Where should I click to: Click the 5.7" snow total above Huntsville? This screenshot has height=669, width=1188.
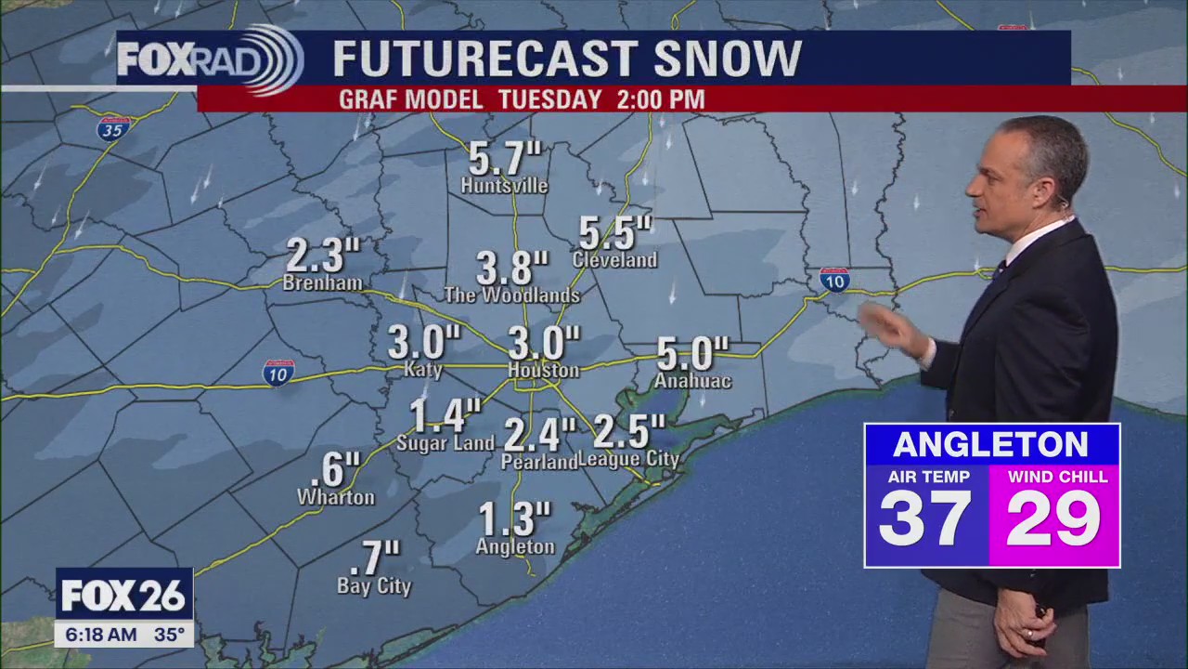pyautogui.click(x=505, y=158)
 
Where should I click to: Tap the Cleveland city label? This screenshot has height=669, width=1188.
pyautogui.click(x=614, y=260)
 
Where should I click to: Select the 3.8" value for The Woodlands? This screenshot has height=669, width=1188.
pyautogui.click(x=512, y=269)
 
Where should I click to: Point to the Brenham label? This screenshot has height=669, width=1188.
pyautogui.click(x=322, y=282)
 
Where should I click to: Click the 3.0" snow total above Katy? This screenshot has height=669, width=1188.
pyautogui.click(x=423, y=343)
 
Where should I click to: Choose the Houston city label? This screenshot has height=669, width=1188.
pyautogui.click(x=543, y=370)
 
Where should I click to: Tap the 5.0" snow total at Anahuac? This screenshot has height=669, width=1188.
pyautogui.click(x=692, y=354)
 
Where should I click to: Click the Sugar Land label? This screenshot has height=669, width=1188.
pyautogui.click(x=445, y=443)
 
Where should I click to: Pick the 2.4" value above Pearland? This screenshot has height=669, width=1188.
pyautogui.click(x=539, y=434)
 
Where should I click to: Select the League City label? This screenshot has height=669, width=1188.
pyautogui.click(x=628, y=459)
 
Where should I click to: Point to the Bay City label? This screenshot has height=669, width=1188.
pyautogui.click(x=373, y=586)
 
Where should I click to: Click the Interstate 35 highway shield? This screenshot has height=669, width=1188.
pyautogui.click(x=113, y=128)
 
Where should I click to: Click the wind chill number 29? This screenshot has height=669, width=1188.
pyautogui.click(x=1053, y=518)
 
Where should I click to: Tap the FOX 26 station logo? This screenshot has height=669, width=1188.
pyautogui.click(x=124, y=596)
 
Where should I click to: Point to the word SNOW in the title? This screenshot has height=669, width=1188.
pyautogui.click(x=727, y=59)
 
